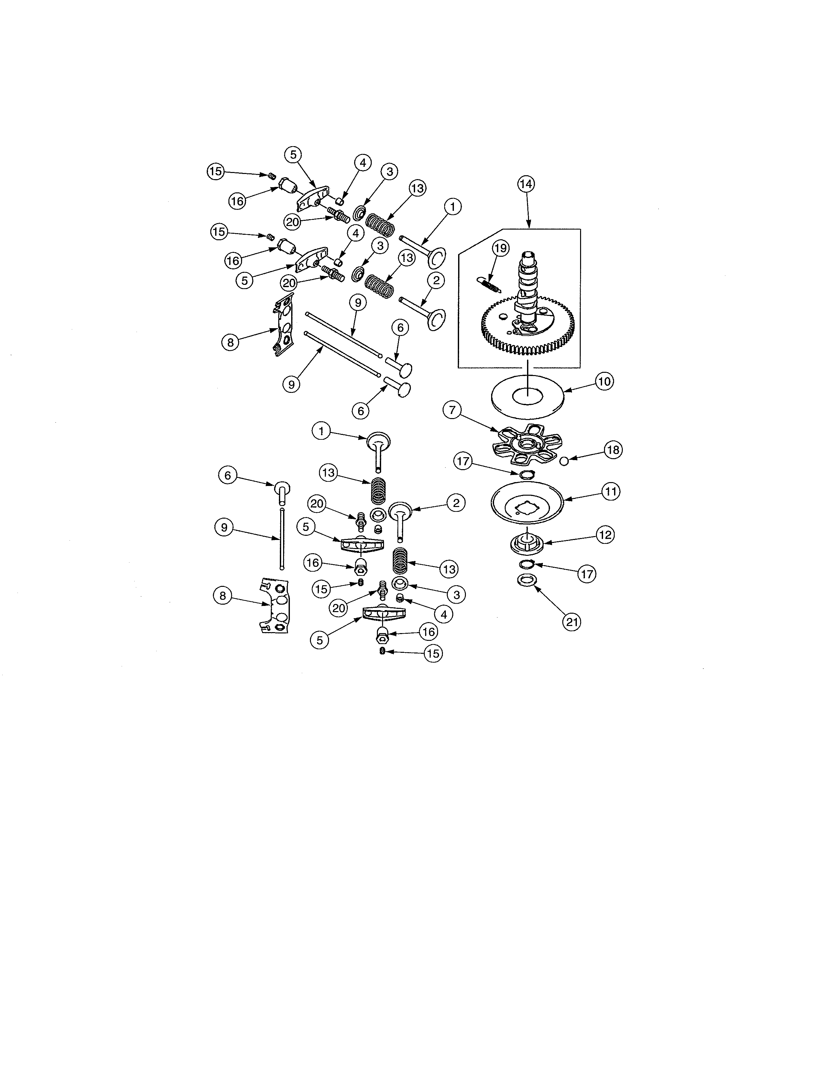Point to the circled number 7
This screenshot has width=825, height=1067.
coord(452,410)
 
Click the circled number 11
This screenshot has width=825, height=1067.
coord(611,491)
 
